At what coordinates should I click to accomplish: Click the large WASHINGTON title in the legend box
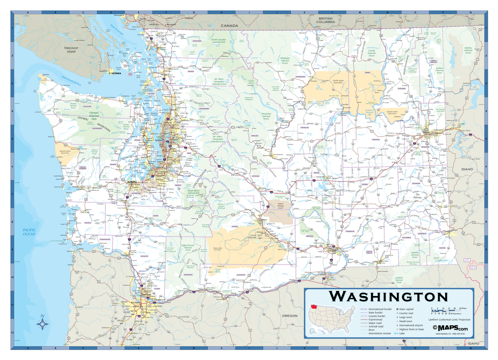pos(389,296)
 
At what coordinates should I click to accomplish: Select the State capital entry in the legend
pos(407,309)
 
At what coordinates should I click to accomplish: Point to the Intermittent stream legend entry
pos(379,333)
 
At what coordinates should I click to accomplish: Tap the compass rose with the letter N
pos(43,323)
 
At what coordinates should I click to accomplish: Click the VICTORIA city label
pos(115,73)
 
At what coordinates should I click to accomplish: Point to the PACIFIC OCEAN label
pos(29,232)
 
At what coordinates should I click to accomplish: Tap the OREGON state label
pos(290,316)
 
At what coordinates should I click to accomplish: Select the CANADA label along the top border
pos(229,26)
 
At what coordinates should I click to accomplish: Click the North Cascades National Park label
pos(218,41)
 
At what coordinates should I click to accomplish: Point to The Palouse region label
pos(418,196)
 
